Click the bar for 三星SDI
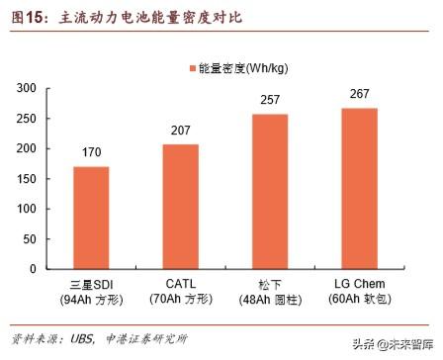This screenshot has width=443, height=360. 91,218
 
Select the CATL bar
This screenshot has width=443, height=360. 181,207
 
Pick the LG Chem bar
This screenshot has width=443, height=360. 360,188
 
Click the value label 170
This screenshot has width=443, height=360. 91,153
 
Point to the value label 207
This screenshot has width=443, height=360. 181,132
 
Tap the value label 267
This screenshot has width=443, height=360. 360,95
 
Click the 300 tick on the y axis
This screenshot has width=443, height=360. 27,89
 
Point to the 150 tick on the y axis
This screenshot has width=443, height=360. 27,179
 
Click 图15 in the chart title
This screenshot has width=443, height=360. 30,18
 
